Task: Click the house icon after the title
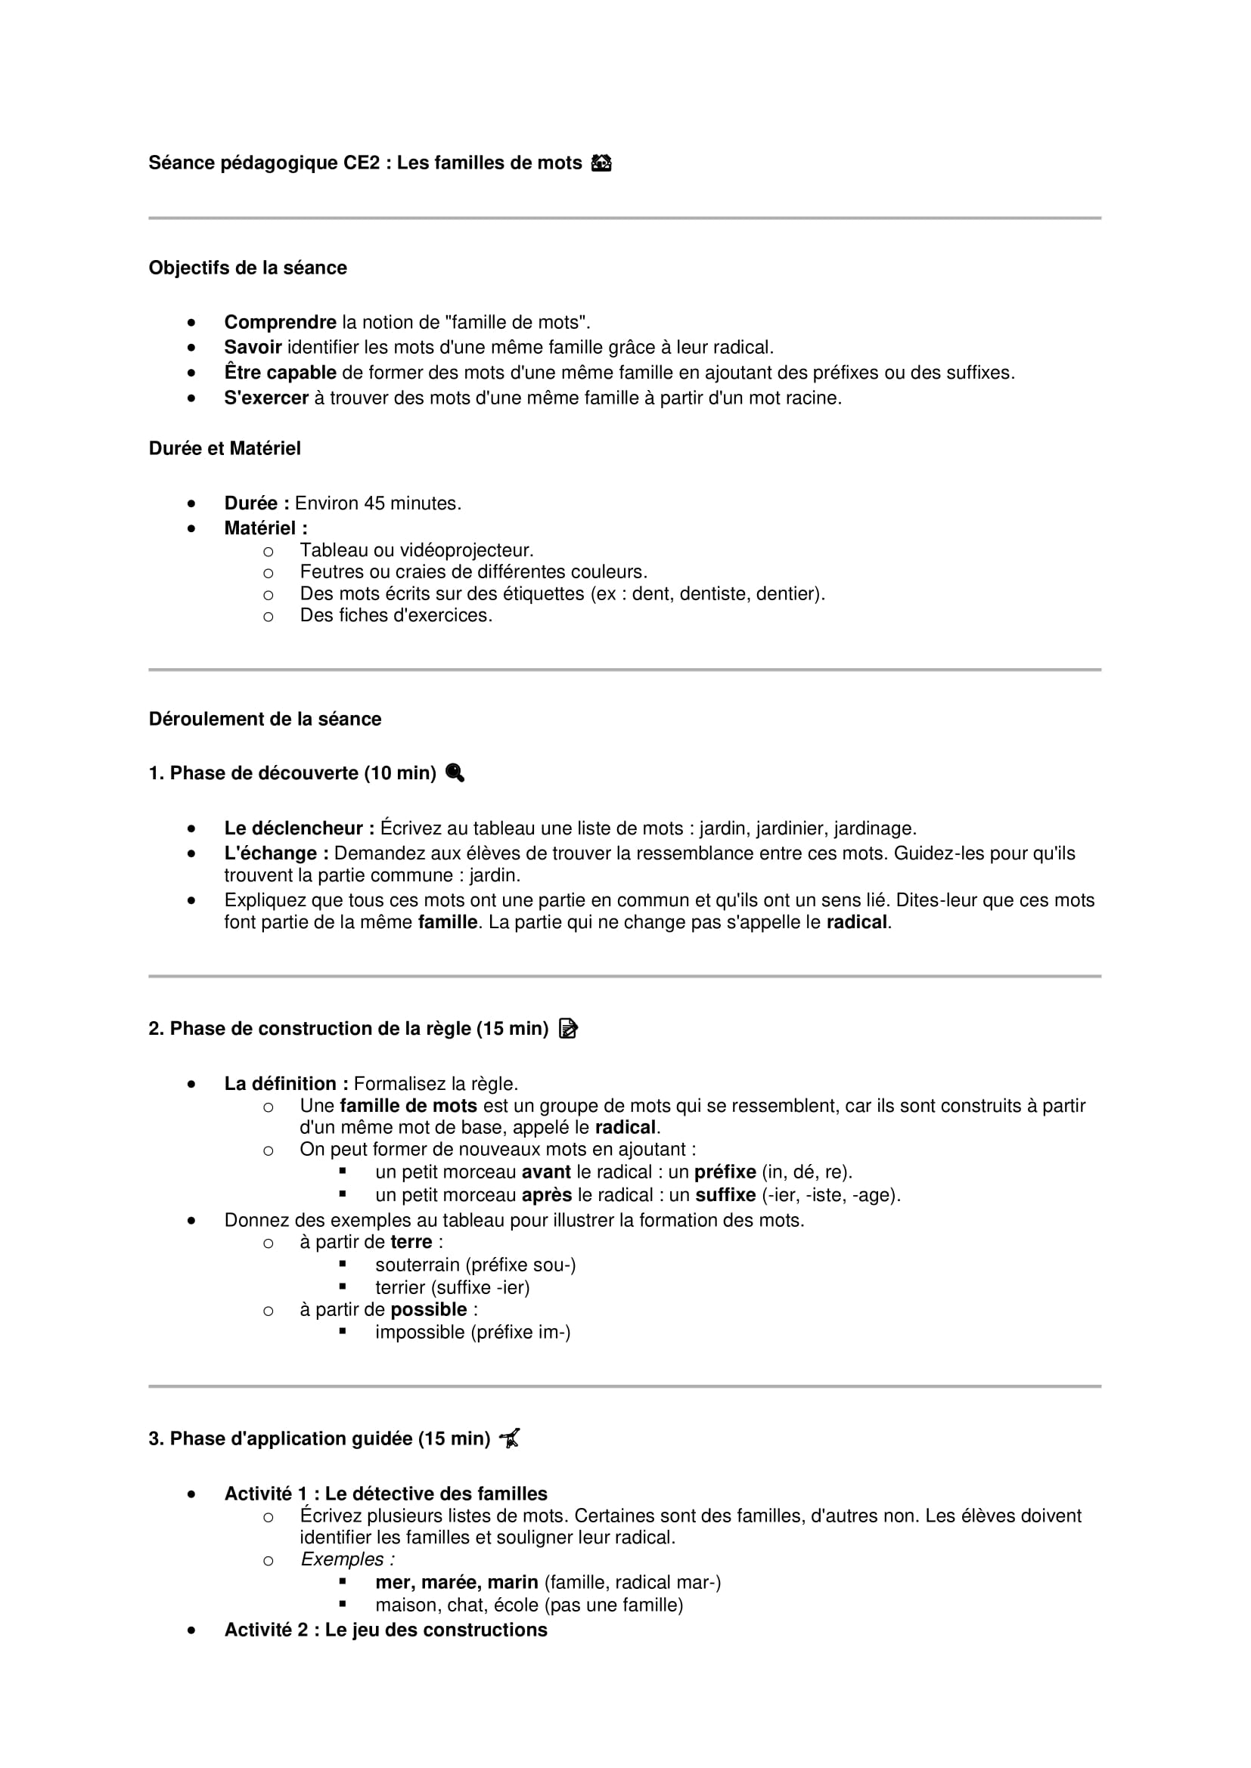[x=601, y=163]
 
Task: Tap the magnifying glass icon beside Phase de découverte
[x=455, y=773]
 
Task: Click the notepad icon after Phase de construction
[x=569, y=1029]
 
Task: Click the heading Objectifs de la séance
[x=247, y=268]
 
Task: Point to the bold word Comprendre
[x=280, y=322]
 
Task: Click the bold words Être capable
[x=280, y=373]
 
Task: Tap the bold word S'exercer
[x=265, y=398]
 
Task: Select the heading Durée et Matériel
[x=224, y=448]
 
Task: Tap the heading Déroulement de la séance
[x=264, y=719]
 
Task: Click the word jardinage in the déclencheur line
[x=875, y=828]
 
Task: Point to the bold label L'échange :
[x=276, y=853]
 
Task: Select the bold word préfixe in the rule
[x=725, y=1172]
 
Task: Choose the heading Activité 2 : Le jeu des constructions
[x=385, y=1630]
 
